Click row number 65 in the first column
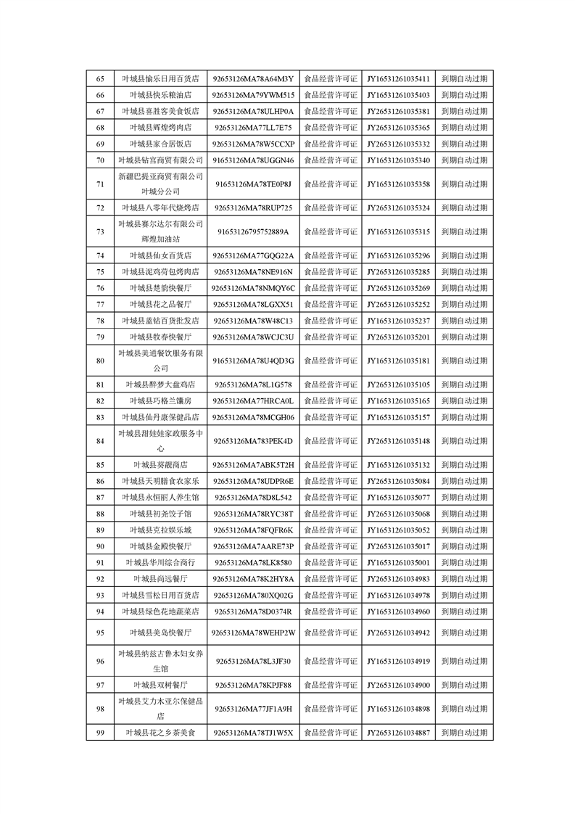(x=100, y=79)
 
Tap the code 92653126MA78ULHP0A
(x=254, y=112)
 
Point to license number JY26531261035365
(x=398, y=128)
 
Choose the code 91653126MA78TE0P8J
(x=254, y=184)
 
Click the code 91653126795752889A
(x=254, y=232)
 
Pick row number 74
(x=100, y=256)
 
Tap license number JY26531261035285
(x=398, y=272)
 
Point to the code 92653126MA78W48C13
(x=254, y=321)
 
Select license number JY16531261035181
(x=398, y=361)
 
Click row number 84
(x=100, y=441)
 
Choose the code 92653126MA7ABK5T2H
(x=254, y=465)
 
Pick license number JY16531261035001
(x=398, y=562)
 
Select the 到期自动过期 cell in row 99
(x=464, y=733)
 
